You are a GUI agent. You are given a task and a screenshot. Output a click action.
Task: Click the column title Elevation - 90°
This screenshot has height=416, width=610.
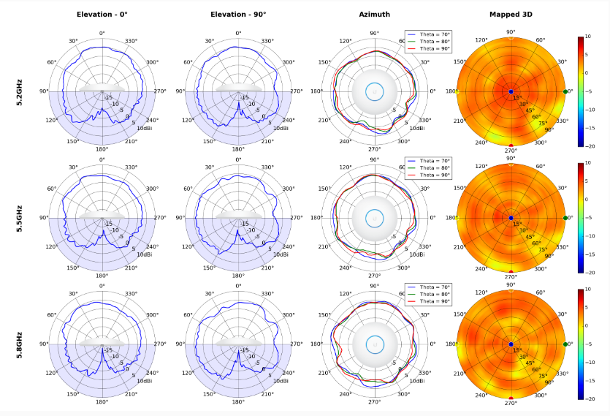pyautogui.click(x=237, y=15)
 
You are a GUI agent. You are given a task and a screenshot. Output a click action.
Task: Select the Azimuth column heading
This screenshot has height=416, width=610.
pyautogui.click(x=374, y=15)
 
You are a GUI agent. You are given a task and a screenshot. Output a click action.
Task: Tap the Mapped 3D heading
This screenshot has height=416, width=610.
pyautogui.click(x=511, y=15)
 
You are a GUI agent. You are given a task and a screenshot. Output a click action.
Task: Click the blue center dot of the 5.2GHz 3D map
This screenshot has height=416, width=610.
pyautogui.click(x=511, y=91)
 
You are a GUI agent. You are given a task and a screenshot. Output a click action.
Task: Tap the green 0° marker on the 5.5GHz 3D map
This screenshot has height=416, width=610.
pyautogui.click(x=566, y=218)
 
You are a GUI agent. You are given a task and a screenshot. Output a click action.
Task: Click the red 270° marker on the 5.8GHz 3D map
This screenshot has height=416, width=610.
pyautogui.click(x=511, y=398)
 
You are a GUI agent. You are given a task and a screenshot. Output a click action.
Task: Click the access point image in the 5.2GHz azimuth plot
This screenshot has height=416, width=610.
pyautogui.click(x=374, y=91)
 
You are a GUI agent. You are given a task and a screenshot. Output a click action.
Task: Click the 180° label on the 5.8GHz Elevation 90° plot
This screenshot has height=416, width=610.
pyautogui.click(x=238, y=401)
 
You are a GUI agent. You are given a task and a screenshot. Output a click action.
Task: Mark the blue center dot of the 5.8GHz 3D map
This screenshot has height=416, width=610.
pyautogui.click(x=511, y=344)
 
